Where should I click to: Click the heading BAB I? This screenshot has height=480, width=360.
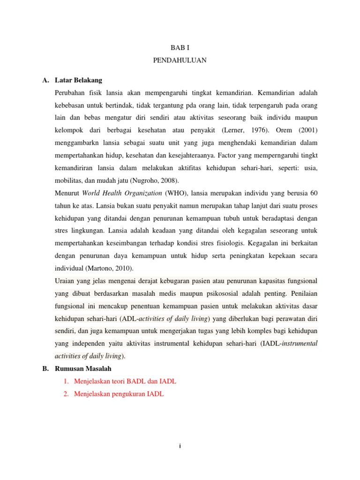(180, 48)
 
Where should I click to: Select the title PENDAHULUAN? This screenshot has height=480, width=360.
(180, 60)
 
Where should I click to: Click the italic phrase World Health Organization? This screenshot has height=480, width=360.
(122, 193)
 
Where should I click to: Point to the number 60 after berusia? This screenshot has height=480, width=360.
(314, 193)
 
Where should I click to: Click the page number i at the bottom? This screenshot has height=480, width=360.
(180, 446)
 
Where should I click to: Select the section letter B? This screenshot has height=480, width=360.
(45, 369)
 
